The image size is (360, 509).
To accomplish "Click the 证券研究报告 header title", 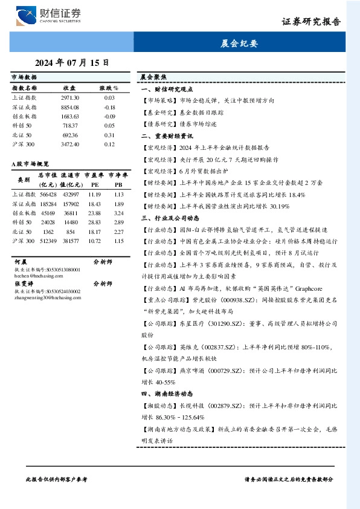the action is click(x=311, y=21).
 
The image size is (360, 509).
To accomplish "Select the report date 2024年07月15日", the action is click(x=72, y=62).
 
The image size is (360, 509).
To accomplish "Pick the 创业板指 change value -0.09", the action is click(x=109, y=116).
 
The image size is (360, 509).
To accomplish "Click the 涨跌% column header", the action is click(x=109, y=88).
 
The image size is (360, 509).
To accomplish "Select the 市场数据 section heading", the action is click(x=24, y=77).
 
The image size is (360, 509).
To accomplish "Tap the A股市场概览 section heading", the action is click(x=30, y=164).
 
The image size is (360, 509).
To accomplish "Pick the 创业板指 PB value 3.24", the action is click(x=118, y=213).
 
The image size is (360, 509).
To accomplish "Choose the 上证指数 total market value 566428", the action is click(x=48, y=195).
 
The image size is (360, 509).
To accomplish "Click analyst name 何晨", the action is click(x=21, y=263).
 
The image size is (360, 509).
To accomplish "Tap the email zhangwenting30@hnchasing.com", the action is click(x=43, y=297).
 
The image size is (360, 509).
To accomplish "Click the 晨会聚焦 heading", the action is click(x=153, y=77).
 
